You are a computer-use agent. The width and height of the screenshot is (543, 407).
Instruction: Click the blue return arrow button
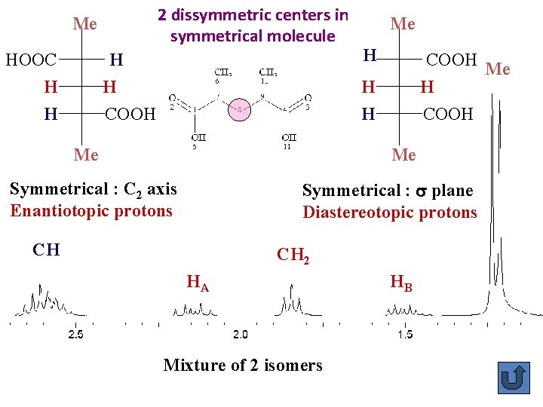(x=514, y=377)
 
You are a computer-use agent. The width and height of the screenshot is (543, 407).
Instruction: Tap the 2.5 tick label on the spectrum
(x=75, y=334)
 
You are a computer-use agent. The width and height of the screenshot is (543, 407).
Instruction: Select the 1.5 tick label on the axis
(x=405, y=334)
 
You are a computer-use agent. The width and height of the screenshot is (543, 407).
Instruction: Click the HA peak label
(x=198, y=283)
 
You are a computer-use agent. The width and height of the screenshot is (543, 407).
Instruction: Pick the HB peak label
(x=401, y=283)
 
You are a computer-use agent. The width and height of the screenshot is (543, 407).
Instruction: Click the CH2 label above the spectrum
(x=293, y=255)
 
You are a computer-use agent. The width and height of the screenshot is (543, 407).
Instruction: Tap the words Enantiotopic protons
(x=91, y=211)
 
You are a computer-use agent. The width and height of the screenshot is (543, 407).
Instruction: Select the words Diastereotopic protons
(x=390, y=213)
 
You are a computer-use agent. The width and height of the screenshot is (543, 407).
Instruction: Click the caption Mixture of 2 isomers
(x=243, y=366)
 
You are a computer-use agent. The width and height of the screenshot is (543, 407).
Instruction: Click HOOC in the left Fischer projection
(x=32, y=60)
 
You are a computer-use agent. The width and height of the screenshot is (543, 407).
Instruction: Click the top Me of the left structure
(x=84, y=24)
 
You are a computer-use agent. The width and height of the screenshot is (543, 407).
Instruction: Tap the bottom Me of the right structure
(x=403, y=155)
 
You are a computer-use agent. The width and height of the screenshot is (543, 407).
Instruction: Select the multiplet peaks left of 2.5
(x=41, y=301)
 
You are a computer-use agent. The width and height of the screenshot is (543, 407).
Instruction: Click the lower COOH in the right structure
(x=449, y=114)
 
